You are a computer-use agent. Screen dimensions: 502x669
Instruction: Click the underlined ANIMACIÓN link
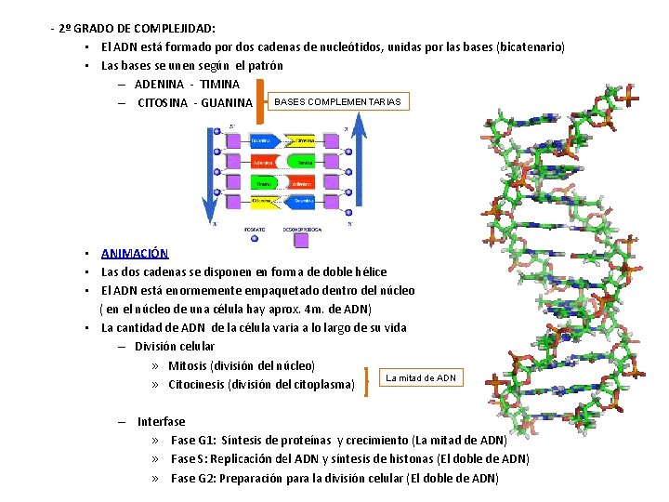pos(135,253)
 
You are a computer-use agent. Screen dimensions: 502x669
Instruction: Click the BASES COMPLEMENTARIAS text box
pos(336,101)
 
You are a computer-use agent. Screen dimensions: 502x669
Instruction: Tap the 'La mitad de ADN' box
pos(421,377)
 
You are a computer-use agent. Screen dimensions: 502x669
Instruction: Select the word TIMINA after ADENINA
pos(219,84)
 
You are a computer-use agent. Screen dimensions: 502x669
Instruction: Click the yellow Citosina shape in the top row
pos(303,140)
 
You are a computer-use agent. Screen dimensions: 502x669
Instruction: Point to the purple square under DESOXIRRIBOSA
pos(301,240)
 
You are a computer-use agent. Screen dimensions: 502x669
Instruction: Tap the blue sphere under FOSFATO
pos(256,240)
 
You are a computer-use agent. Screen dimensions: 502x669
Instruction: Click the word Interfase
pos(161,422)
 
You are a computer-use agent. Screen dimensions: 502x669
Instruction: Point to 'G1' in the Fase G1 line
pos(203,441)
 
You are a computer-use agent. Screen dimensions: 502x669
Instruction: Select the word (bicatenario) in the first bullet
pos(531,47)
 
